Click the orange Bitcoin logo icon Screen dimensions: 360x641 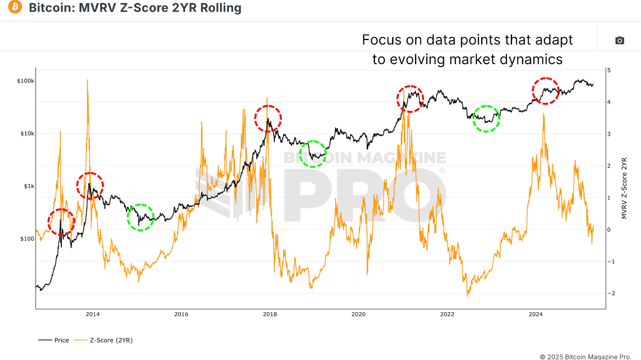(15, 7)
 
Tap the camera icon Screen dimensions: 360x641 (619, 40)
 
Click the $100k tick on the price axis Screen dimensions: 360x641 (26, 81)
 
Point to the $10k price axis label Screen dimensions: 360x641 (27, 133)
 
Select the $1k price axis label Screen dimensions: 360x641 (29, 186)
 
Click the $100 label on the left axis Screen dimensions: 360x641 (27, 239)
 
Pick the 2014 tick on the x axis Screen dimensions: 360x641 (93, 314)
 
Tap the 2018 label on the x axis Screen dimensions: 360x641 (270, 314)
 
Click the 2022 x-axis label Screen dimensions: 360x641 (447, 314)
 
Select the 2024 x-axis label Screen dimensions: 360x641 (536, 314)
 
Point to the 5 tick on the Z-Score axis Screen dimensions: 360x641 (609, 70)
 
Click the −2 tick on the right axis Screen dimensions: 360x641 (611, 293)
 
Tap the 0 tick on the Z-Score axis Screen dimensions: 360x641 (609, 230)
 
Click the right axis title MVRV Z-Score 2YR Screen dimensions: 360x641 (624, 188)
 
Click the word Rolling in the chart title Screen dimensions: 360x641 (221, 8)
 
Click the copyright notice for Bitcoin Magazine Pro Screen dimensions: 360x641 (585, 357)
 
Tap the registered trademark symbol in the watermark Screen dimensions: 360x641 (442, 170)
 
